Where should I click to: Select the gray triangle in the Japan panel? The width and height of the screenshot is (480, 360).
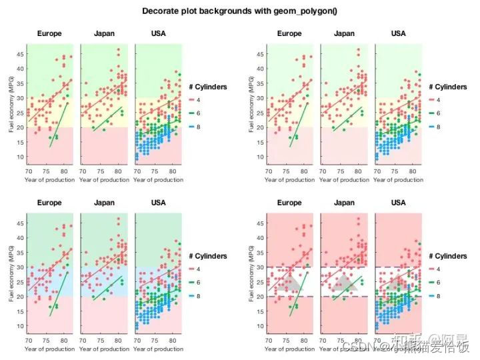click(x=345, y=283)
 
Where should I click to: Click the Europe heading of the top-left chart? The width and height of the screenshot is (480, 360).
click(x=49, y=33)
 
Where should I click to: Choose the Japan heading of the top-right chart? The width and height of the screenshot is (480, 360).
click(x=344, y=33)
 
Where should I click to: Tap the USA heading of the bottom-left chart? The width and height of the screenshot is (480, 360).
click(x=158, y=203)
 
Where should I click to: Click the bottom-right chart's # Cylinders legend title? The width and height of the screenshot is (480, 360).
click(x=449, y=256)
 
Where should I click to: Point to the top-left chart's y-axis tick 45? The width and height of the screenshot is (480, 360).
click(x=21, y=54)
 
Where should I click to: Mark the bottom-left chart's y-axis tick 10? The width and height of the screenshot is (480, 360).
click(x=21, y=327)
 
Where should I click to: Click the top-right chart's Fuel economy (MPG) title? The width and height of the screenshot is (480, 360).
click(x=253, y=106)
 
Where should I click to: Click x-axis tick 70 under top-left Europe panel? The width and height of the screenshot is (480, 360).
click(x=29, y=171)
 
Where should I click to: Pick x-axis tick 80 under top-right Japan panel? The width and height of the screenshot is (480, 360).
click(x=359, y=171)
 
